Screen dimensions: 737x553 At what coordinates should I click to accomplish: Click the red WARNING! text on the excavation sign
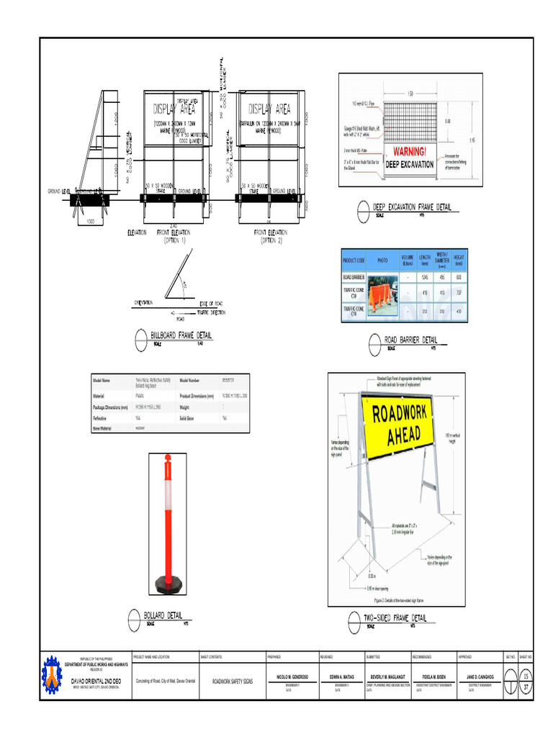point(409,151)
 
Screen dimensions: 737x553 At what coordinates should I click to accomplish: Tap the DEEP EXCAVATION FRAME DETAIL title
point(412,207)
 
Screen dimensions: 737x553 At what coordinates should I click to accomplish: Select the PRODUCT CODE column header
point(354,260)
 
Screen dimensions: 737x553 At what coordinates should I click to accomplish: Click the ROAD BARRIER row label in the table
point(354,277)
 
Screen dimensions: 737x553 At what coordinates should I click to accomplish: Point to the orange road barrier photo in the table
point(382,295)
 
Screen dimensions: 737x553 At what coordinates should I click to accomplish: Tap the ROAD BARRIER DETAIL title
point(410,340)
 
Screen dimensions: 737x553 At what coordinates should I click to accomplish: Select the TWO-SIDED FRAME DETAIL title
point(395,618)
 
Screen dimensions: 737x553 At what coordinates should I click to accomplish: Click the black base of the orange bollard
point(168,584)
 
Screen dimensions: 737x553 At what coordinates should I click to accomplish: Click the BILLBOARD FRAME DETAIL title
point(181,335)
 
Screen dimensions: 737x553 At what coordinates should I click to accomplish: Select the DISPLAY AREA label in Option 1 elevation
point(174,110)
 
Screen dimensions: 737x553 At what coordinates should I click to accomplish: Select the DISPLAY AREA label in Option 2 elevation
point(269,109)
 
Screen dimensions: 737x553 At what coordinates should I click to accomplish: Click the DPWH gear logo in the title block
point(52,674)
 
